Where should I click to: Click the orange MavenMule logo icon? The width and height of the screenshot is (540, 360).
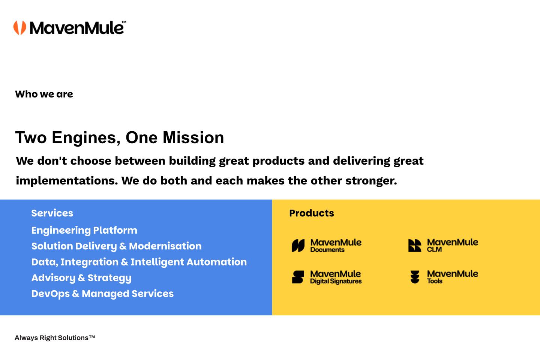[x=20, y=28]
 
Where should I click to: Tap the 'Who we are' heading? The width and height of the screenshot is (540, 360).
[x=44, y=94]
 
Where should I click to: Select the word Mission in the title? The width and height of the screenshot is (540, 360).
[x=193, y=138]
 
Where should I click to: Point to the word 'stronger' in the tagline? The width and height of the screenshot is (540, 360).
[x=371, y=181]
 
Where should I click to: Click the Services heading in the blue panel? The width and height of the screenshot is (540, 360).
[x=52, y=213]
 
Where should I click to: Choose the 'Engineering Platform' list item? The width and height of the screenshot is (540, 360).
[x=84, y=231]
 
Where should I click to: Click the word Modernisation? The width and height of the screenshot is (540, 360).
[x=165, y=246]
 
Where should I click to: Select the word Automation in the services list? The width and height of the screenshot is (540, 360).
[x=217, y=262]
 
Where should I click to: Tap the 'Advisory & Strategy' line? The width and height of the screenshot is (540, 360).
[x=81, y=278]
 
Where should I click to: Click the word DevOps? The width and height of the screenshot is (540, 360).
[x=50, y=294]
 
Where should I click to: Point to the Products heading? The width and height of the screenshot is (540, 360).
[x=312, y=213]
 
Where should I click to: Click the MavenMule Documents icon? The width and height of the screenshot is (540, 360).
[x=298, y=246]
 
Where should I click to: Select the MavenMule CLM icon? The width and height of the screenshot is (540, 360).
[x=415, y=246]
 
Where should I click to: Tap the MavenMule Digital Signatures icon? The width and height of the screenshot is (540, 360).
[x=298, y=277]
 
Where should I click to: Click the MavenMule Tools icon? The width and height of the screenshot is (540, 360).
[x=415, y=277]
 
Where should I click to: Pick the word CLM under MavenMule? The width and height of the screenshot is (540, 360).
[x=434, y=249]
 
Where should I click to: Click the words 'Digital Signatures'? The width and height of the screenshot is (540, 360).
[x=336, y=281]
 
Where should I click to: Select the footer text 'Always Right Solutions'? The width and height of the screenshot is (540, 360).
[x=52, y=338]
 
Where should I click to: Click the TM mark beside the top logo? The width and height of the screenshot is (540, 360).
[x=124, y=22]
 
